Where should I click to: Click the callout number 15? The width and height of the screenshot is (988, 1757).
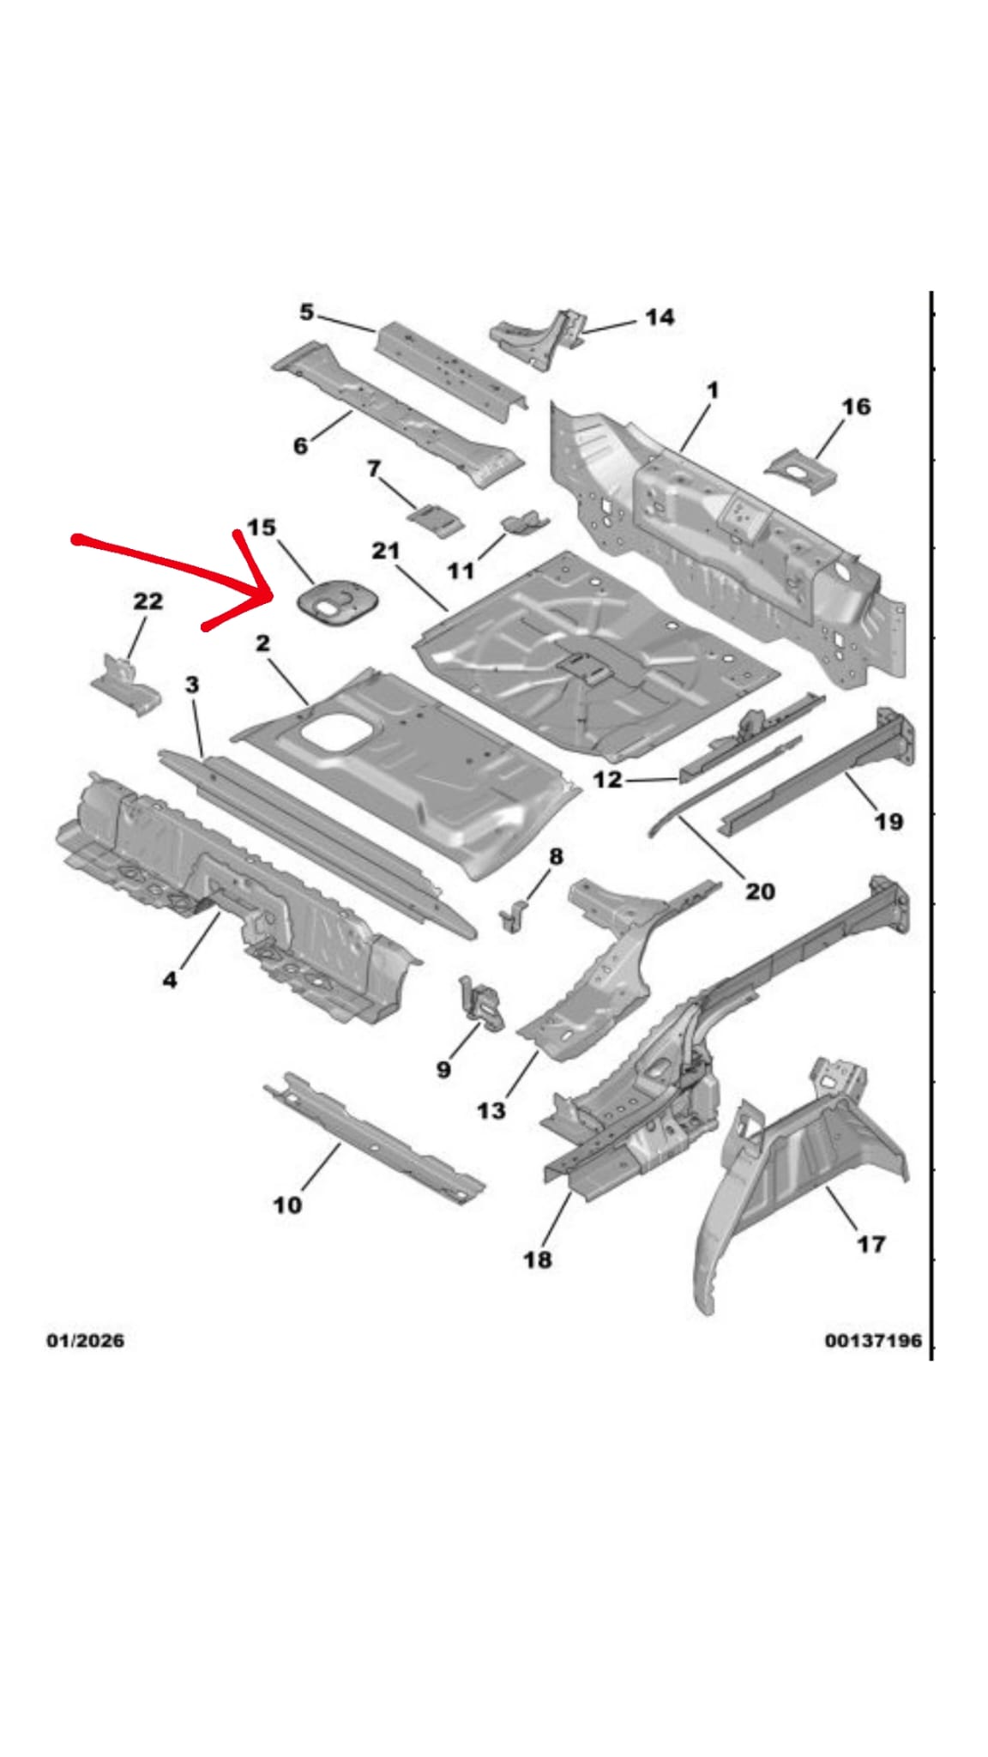coord(262,527)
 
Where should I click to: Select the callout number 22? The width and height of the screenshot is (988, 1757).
coord(148,601)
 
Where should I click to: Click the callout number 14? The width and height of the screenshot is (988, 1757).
coord(659,317)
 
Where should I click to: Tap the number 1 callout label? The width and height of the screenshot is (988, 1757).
coord(712,391)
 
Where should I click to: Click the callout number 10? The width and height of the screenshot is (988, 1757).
coord(287,1205)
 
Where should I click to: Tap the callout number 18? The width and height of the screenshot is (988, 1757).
coord(538,1259)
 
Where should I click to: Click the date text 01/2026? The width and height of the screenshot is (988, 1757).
coord(85,1340)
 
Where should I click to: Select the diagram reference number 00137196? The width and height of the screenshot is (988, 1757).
coord(873,1340)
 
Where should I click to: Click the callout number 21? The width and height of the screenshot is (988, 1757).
coord(385,550)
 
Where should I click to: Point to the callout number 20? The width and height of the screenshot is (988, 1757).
coord(760,891)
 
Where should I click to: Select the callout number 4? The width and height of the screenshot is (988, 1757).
coord(170,979)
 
